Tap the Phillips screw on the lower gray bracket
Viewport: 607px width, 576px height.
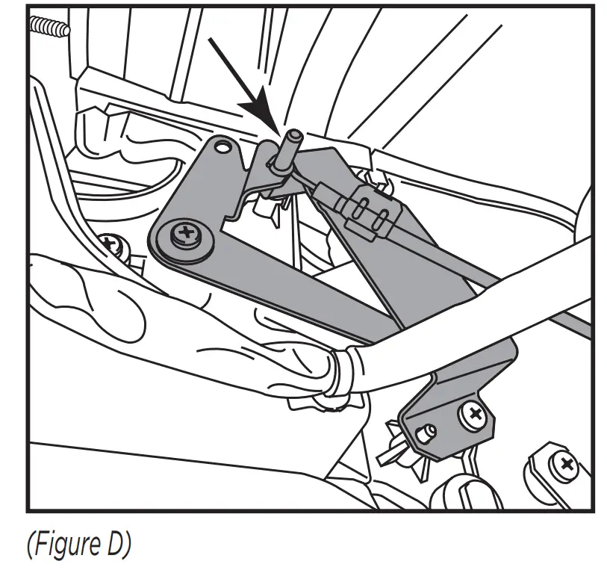(x=472, y=415)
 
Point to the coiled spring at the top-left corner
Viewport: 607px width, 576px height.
(x=49, y=27)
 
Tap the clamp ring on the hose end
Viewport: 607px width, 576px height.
(x=345, y=371)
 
